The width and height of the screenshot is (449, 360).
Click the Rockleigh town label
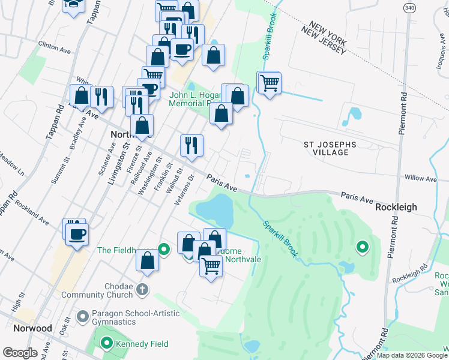click(x=396, y=207)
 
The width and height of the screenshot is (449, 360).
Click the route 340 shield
click(x=409, y=8)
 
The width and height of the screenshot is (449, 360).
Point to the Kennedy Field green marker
click(x=107, y=344)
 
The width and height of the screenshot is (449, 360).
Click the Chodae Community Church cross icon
click(x=142, y=290)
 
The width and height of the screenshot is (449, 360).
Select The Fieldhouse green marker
click(x=164, y=247)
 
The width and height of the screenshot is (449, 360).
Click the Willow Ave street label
click(x=421, y=178)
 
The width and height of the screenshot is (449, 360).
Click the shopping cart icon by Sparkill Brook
click(x=270, y=83)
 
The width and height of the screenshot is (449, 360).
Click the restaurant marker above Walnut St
click(x=192, y=145)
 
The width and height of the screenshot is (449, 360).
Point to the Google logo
click(x=20, y=353)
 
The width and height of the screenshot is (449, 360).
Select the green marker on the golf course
click(x=362, y=247)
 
